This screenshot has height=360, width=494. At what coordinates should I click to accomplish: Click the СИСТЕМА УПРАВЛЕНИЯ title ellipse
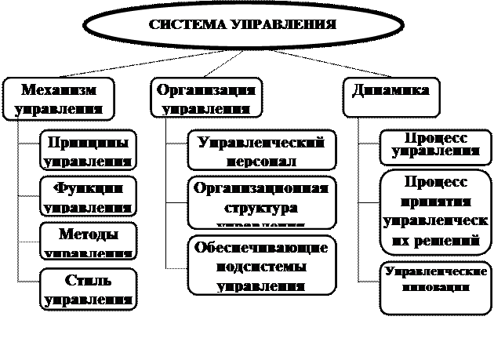242,24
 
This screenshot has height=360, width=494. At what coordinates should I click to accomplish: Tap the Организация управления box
205,98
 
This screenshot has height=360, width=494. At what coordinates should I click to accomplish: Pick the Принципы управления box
88,151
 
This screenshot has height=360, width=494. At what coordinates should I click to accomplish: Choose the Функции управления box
88,196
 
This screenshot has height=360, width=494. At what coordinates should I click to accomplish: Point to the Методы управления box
88,242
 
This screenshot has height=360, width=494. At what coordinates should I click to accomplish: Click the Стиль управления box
88,289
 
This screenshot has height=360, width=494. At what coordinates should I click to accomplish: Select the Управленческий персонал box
262,151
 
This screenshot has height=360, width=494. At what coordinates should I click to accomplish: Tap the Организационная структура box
262,202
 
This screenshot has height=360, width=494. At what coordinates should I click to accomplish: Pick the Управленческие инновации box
436,286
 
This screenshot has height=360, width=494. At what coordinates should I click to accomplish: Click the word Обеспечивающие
262,248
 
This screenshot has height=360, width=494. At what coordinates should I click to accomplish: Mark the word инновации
436,287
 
